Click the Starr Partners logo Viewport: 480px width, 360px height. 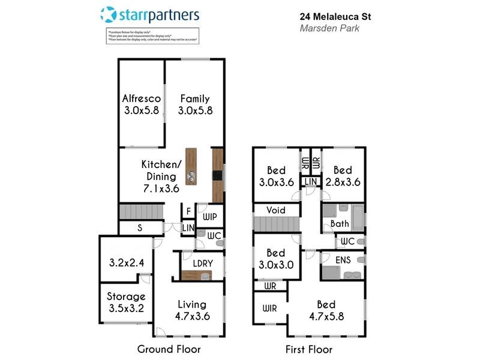point(149,14)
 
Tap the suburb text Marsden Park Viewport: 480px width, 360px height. point(329,28)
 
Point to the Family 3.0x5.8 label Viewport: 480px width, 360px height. point(195,104)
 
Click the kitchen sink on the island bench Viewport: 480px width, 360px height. point(191,177)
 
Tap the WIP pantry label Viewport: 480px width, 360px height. point(210,217)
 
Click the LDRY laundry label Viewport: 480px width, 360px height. point(199,263)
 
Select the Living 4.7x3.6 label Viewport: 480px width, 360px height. point(192,310)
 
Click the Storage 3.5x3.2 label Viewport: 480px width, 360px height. point(126,302)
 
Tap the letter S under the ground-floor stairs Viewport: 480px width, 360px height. point(140,228)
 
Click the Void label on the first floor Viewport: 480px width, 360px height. point(277,210)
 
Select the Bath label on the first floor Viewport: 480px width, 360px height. point(340,224)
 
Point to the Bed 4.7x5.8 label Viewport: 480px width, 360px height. point(326,311)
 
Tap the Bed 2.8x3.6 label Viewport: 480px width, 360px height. point(343,176)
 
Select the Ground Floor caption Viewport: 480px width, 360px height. point(169,349)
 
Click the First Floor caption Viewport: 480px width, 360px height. point(310,349)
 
